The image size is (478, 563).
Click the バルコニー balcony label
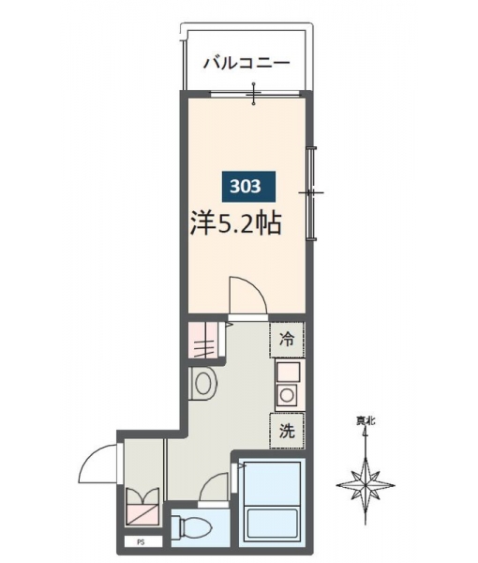coord(246,63)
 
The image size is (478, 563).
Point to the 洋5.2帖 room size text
coord(235,224)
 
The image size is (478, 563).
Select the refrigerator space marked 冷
coord(287,340)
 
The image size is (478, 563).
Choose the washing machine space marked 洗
coord(287,431)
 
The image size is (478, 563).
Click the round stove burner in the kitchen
coord(287,395)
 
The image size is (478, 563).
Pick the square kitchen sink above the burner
coord(288,372)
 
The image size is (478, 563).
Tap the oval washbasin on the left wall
coord(203,384)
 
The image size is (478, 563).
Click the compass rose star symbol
coord(366,485)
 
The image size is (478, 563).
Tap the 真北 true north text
coord(366,420)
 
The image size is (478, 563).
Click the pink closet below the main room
coord(203,340)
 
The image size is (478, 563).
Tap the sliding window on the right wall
coord(311,192)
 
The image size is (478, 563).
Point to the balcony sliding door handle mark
coord(254,94)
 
